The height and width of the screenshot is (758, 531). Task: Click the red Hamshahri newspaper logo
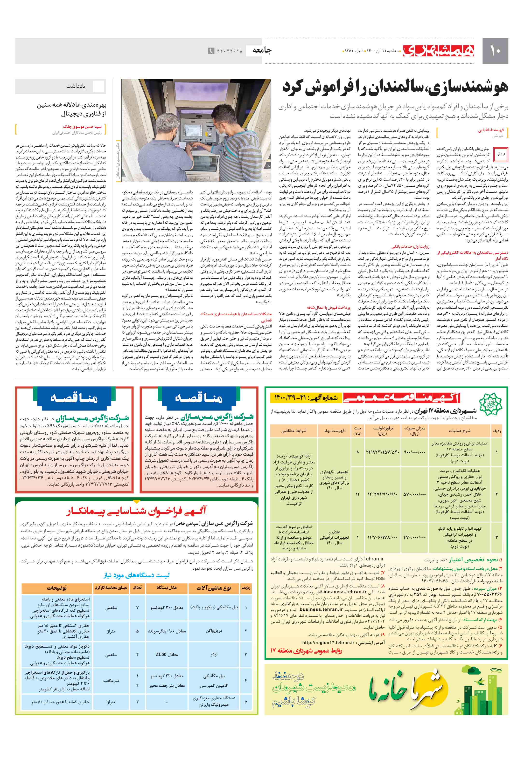[x=438, y=50]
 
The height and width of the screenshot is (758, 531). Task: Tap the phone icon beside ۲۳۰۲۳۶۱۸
[x=211, y=51]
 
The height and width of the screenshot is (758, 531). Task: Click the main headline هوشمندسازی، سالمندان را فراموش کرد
[x=395, y=87]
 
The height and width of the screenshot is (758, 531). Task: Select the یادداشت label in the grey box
[x=76, y=86]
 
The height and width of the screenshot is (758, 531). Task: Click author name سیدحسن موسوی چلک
[x=82, y=126]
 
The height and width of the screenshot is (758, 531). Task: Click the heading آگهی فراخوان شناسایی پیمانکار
[x=137, y=511]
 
